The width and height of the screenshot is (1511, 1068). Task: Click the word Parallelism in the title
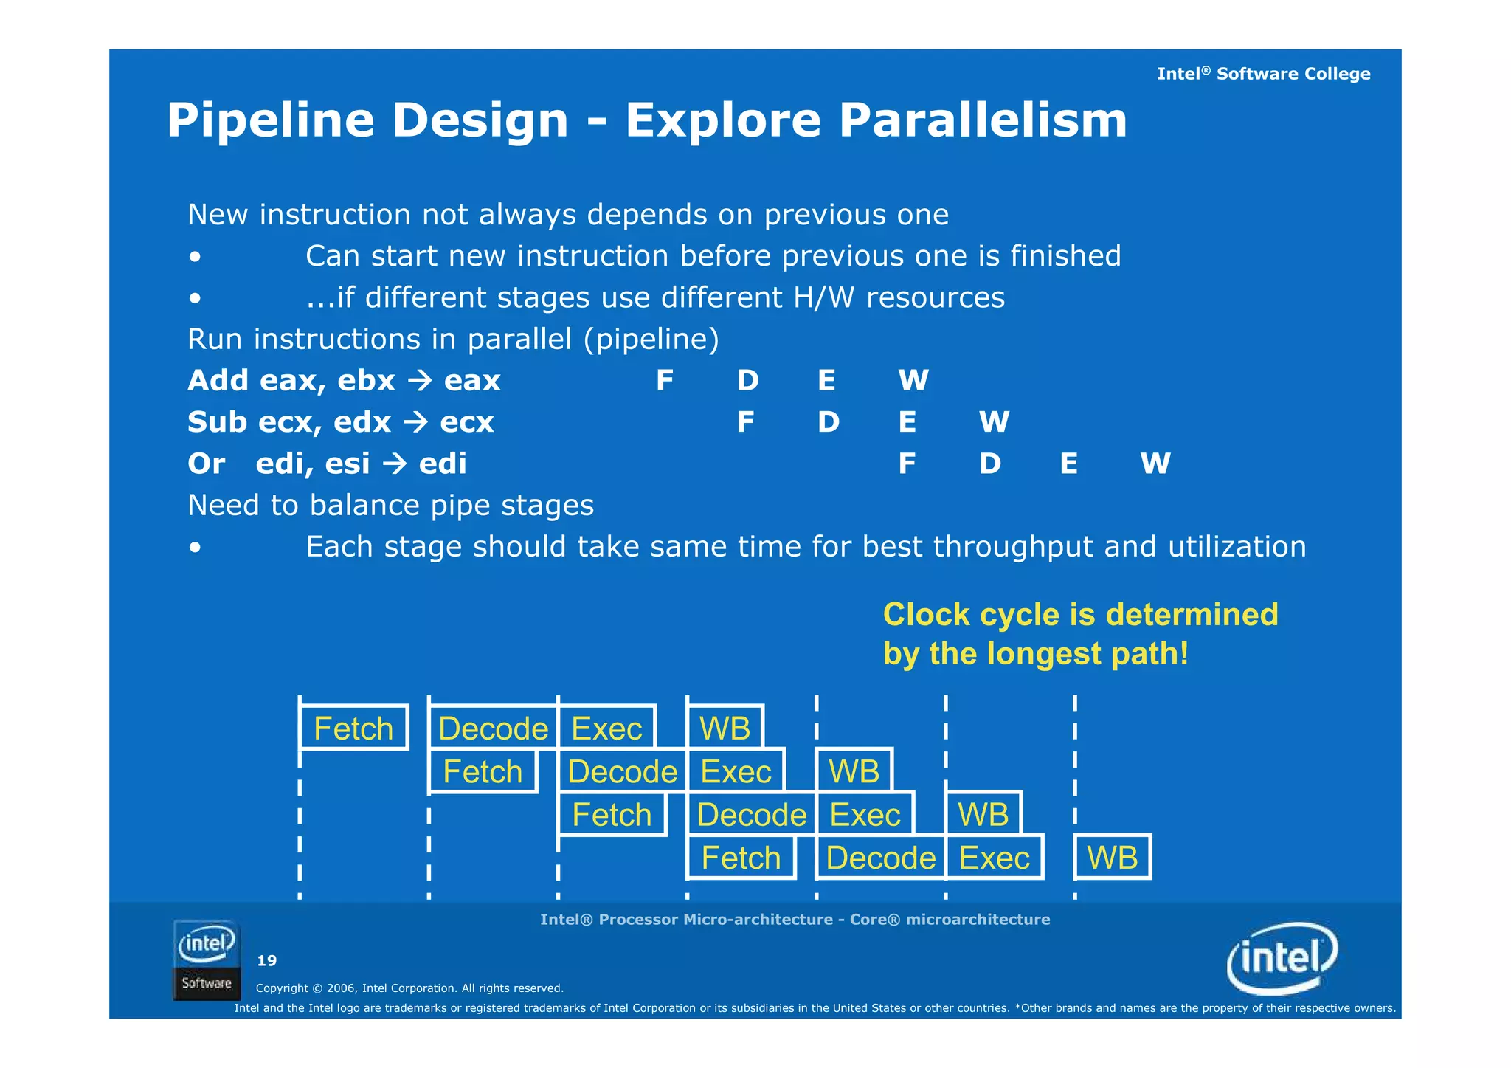pos(983,120)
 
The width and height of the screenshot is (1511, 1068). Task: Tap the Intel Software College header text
pos(1263,74)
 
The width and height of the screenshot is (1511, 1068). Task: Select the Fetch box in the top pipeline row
pos(353,728)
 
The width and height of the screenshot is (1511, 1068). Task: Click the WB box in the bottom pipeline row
pos(1112,858)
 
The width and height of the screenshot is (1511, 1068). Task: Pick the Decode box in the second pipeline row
pos(622,772)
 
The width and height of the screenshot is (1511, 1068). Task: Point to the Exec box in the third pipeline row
pos(865,815)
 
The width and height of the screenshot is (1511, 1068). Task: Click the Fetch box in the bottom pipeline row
pos(741,858)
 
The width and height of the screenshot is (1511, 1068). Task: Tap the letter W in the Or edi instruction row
pos(1155,464)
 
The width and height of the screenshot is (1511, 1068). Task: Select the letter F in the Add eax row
pos(664,381)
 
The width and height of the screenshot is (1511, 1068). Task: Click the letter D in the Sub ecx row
pos(828,422)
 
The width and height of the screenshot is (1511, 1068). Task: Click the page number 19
pos(266,960)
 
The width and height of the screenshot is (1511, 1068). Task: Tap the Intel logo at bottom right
pos(1282,958)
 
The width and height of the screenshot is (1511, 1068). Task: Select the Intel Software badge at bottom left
pos(207,960)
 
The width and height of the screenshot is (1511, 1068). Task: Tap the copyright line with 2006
pos(409,988)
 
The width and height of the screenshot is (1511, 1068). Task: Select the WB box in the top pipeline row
pos(725,728)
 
